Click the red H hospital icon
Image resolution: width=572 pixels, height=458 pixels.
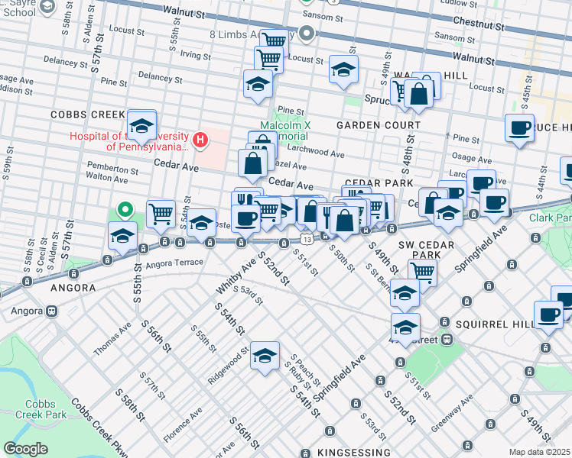pyautogui.click(x=200, y=140)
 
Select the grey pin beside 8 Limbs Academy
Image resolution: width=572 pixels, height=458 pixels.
pyautogui.click(x=307, y=34)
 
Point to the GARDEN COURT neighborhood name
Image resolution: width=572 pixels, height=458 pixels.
pyautogui.click(x=379, y=124)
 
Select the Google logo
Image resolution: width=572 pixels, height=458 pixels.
pyautogui.click(x=26, y=449)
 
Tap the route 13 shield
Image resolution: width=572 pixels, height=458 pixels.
pyautogui.click(x=307, y=239)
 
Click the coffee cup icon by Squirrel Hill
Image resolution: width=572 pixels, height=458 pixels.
pyautogui.click(x=548, y=314)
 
